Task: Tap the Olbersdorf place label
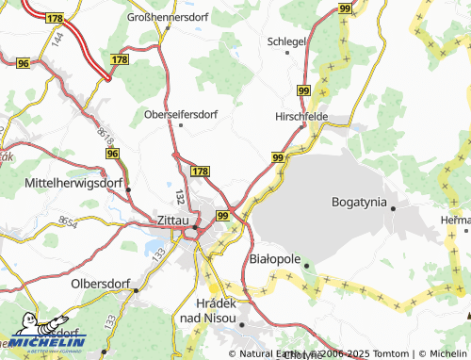pyautogui.click(x=102, y=283)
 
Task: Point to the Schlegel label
pyautogui.click(x=287, y=42)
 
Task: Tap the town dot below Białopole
pyautogui.click(x=307, y=266)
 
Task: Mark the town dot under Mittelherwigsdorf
pyautogui.click(x=127, y=189)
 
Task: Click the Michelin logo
pyautogui.click(x=47, y=340)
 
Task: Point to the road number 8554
pyautogui.click(x=68, y=220)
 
